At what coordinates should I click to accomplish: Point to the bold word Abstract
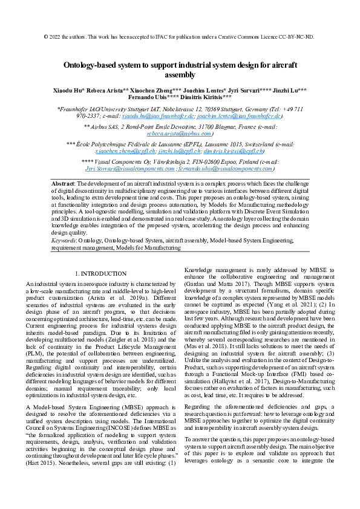click(x=62, y=183)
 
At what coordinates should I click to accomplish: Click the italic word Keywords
click(x=64, y=240)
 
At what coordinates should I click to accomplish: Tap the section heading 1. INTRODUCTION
click(x=100, y=274)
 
